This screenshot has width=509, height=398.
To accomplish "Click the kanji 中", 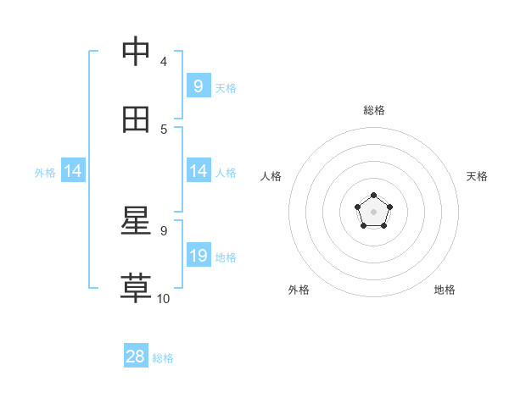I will click(137, 52).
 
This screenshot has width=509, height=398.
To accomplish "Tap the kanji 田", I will click(137, 119).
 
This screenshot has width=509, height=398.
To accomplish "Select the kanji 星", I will click(137, 221).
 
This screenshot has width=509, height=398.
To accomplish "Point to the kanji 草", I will click(137, 288).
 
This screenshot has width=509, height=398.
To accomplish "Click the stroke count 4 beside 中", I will click(164, 62).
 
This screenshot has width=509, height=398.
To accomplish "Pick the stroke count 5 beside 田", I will click(164, 130).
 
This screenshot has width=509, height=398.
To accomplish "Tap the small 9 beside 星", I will click(164, 230).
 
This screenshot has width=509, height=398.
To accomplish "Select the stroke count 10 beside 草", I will click(164, 298).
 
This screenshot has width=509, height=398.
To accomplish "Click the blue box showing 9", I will click(198, 86).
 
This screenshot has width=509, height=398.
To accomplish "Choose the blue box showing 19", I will click(198, 255).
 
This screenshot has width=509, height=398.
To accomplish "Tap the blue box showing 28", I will click(136, 357).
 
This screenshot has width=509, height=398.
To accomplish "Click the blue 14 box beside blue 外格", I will click(73, 171).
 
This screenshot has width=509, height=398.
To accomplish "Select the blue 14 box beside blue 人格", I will click(198, 171).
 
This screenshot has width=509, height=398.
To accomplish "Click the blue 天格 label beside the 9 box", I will click(226, 87).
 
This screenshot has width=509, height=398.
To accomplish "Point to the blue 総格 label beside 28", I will click(163, 358).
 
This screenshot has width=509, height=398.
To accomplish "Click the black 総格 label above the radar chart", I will click(374, 111).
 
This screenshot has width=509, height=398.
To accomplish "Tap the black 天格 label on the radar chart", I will click(477, 176).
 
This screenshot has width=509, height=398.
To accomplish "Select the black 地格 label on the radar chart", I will click(445, 290).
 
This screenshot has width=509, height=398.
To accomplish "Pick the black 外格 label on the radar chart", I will click(299, 290).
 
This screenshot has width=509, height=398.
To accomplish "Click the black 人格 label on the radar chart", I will click(271, 176).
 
